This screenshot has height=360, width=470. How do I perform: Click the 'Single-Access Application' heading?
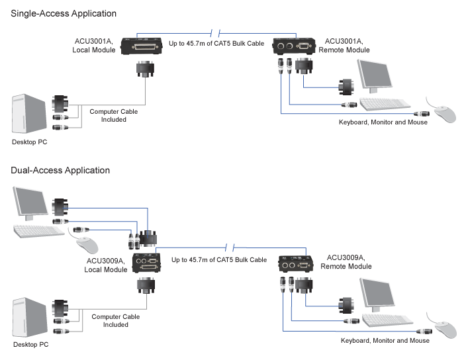(64, 13)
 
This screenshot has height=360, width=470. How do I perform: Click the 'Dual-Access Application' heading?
(60, 170)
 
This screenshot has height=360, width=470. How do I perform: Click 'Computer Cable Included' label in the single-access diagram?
(114, 116)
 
